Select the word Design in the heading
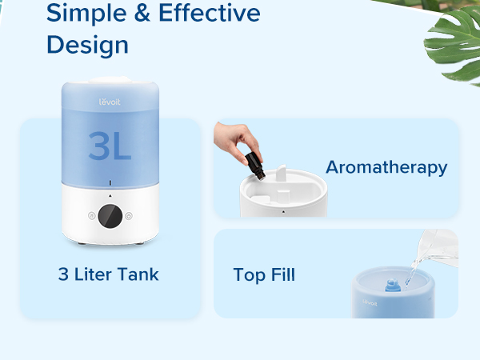(x=87, y=45)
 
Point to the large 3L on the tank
(x=110, y=145)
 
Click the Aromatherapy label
(x=386, y=167)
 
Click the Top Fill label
(x=264, y=275)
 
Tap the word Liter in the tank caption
(x=94, y=274)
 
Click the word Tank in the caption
(x=139, y=274)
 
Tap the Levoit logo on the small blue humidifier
(x=368, y=302)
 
